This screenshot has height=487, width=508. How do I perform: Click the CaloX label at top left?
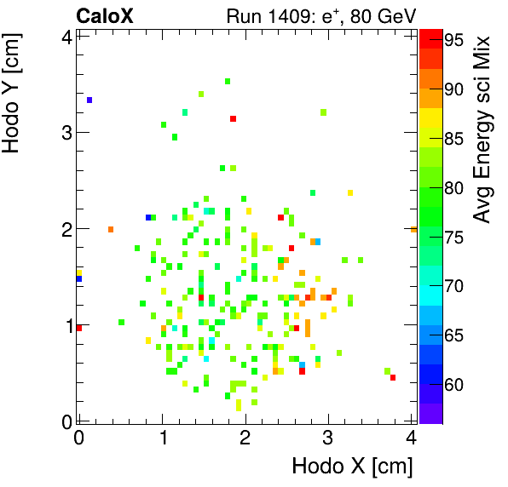click(106, 15)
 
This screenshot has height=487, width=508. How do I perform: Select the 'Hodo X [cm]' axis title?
click(352, 466)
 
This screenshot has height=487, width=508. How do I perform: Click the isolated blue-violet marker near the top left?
click(89, 100)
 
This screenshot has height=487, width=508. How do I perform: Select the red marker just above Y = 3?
click(233, 118)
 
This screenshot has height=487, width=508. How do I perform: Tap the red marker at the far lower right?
click(392, 377)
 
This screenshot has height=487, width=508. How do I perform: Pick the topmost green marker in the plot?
click(228, 82)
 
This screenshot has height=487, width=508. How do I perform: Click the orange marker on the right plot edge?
click(413, 229)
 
